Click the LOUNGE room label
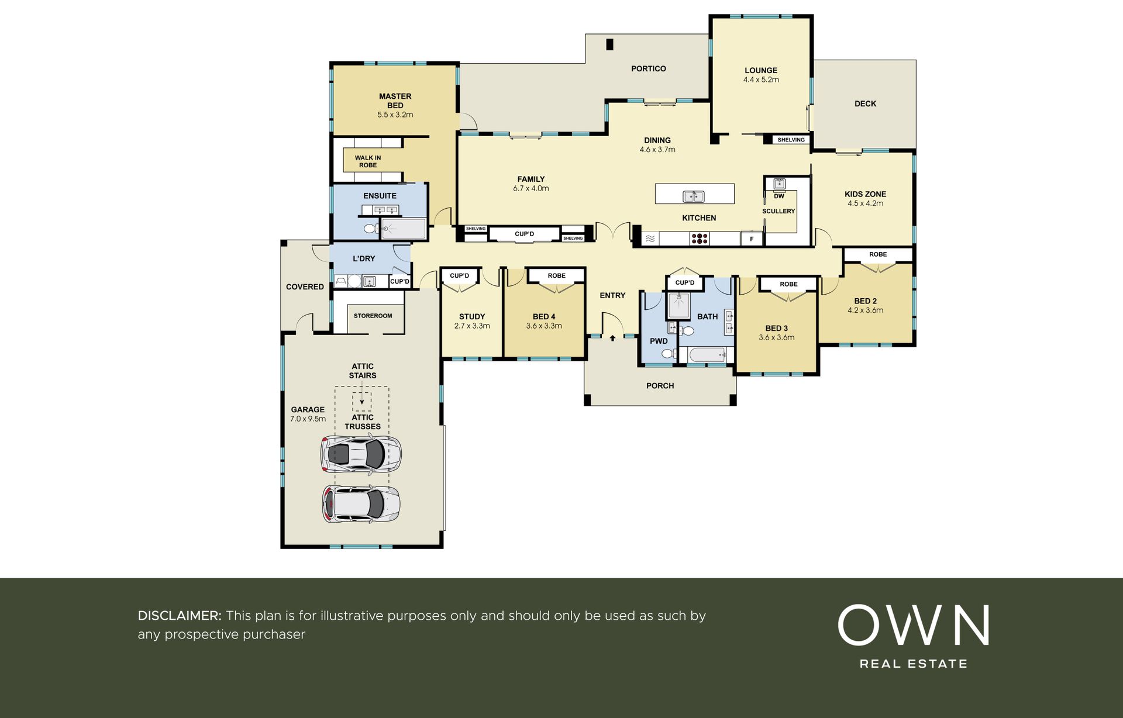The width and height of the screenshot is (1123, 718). click(761, 70)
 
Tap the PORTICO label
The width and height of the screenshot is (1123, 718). click(649, 68)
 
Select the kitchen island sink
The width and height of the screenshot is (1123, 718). click(694, 196)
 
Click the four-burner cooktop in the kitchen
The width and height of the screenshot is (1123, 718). click(700, 239)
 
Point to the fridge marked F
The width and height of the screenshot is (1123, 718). click(752, 239)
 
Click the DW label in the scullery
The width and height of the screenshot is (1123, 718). click(778, 196)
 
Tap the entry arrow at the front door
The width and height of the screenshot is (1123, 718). click(612, 338)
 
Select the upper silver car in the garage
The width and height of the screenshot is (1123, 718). click(361, 454)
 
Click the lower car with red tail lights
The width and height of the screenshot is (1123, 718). click(361, 504)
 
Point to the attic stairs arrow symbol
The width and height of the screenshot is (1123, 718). click(362, 402)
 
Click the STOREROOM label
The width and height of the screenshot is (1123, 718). click(373, 316)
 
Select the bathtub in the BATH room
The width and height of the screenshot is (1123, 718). click(708, 354)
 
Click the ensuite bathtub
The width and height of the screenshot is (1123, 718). click(404, 229)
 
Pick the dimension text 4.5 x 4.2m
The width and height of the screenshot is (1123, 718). click(865, 203)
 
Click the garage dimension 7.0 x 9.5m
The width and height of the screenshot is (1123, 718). click(308, 419)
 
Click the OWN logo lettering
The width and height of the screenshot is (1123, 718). click(913, 625)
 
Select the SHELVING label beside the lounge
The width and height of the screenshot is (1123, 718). click(791, 140)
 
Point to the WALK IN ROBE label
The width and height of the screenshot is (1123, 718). click(367, 161)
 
